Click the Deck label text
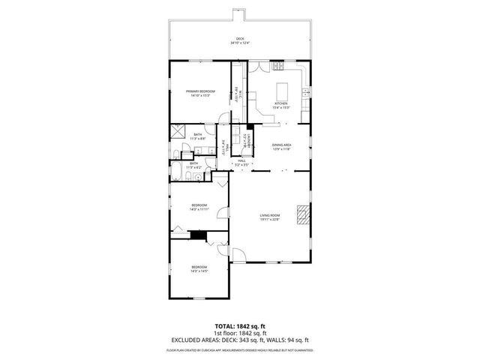point(240,40)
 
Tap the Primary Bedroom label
point(200,93)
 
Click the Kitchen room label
point(281,105)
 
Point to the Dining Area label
point(281,146)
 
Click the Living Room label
point(270,217)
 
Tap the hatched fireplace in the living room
point(302,214)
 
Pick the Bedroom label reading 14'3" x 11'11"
point(199,207)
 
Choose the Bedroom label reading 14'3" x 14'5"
point(199,268)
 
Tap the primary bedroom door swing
point(223,118)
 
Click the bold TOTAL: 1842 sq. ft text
point(240,327)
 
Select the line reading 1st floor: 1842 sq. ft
point(240,333)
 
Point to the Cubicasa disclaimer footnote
point(240,349)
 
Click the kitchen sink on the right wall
point(307,92)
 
